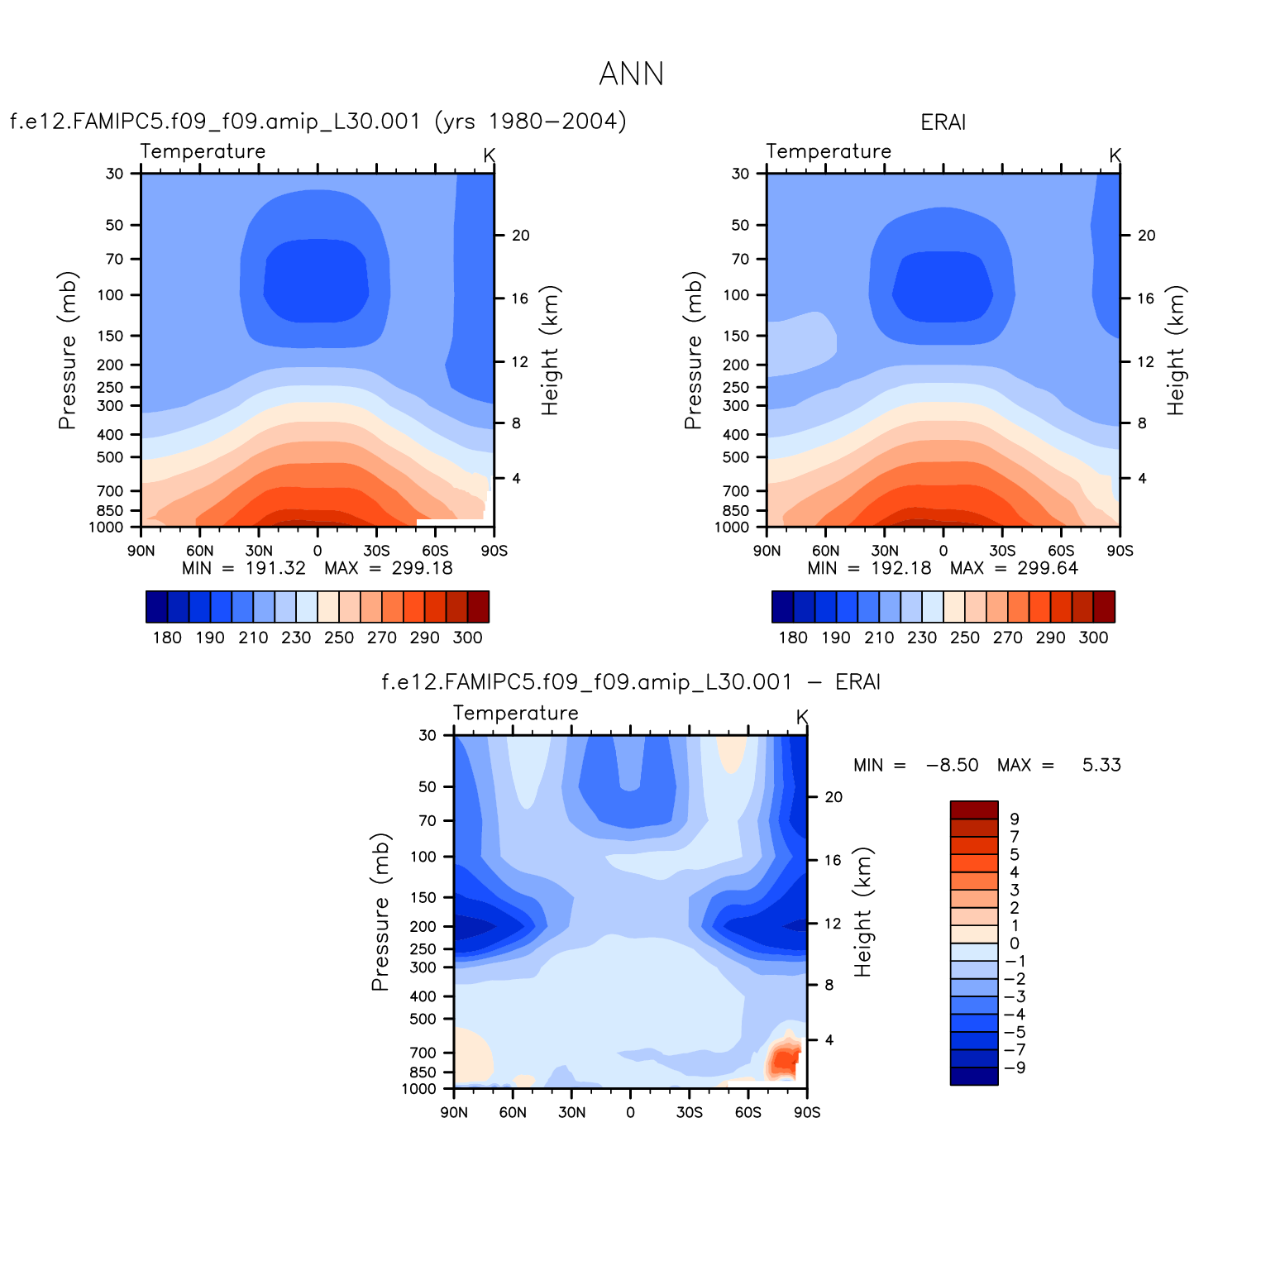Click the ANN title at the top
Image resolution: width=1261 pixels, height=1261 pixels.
pyautogui.click(x=631, y=74)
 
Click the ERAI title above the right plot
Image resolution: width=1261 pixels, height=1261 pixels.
pyautogui.click(x=943, y=122)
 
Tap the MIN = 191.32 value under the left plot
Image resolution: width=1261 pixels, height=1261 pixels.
pyautogui.click(x=244, y=568)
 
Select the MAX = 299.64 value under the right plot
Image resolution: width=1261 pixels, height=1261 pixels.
pyautogui.click(x=1014, y=568)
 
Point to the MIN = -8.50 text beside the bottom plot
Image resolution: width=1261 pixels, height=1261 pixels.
pyautogui.click(x=915, y=765)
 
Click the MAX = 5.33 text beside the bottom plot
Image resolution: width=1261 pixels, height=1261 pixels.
pyautogui.click(x=1059, y=765)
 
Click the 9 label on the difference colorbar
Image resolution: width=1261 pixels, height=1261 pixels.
pyautogui.click(x=1015, y=819)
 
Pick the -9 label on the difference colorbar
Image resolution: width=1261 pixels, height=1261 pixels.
pyautogui.click(x=1015, y=1068)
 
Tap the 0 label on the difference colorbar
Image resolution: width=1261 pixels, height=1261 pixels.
pyautogui.click(x=1015, y=943)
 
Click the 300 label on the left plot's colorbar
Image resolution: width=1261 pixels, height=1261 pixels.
pyautogui.click(x=467, y=638)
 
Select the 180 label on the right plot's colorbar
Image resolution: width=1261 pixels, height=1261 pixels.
pyautogui.click(x=793, y=638)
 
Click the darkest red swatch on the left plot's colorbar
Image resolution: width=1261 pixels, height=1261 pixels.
pyautogui.click(x=478, y=606)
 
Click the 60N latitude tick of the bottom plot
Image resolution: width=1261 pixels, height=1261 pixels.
pyautogui.click(x=513, y=1112)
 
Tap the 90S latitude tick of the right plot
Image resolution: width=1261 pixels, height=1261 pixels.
pyautogui.click(x=1120, y=551)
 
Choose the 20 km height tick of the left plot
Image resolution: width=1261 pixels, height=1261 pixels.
pyautogui.click(x=520, y=236)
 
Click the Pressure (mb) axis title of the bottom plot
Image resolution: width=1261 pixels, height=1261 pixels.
pyautogui.click(x=380, y=912)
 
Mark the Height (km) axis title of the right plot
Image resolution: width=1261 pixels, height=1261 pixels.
pyautogui.click(x=1176, y=351)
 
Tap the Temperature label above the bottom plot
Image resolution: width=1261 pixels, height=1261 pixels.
pyautogui.click(x=515, y=713)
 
